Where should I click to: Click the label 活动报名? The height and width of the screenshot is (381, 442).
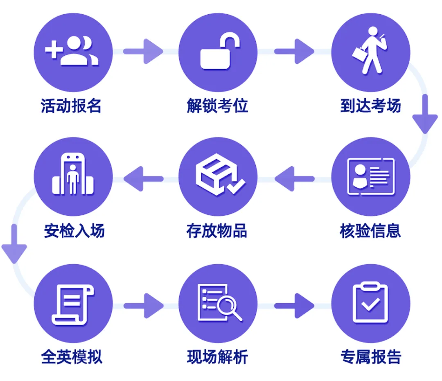71,106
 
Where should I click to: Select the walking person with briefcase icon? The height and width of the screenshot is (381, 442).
370,51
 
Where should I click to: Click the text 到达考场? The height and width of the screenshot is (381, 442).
370,106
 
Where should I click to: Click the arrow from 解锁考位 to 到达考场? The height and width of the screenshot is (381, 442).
294,52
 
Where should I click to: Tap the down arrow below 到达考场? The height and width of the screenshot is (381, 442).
425,115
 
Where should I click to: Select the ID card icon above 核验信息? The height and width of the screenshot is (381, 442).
370,176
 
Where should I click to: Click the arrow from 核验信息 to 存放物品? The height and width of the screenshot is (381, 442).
294,178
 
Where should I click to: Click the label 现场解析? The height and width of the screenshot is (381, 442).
217,357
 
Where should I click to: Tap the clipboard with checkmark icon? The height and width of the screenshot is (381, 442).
370,303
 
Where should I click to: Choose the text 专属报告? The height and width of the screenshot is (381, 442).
370,357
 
